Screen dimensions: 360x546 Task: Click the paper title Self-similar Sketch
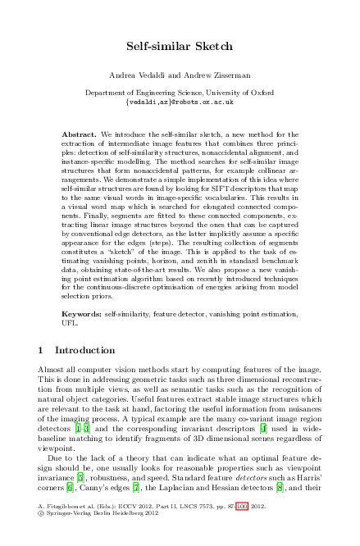pyautogui.click(x=180, y=47)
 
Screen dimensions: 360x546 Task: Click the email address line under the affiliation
pyautogui.click(x=180, y=103)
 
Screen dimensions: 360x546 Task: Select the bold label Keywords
pyautogui.click(x=82, y=315)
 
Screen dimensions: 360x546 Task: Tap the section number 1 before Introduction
pyautogui.click(x=41, y=351)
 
